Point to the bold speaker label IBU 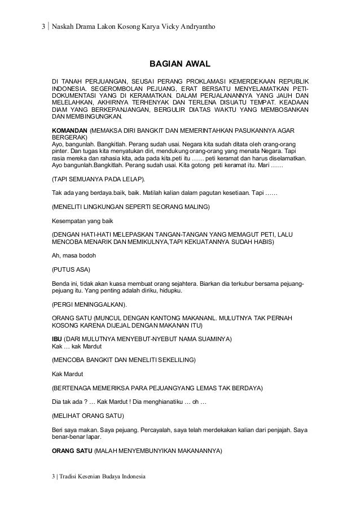pos(58,338)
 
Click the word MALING pos(195,208)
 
